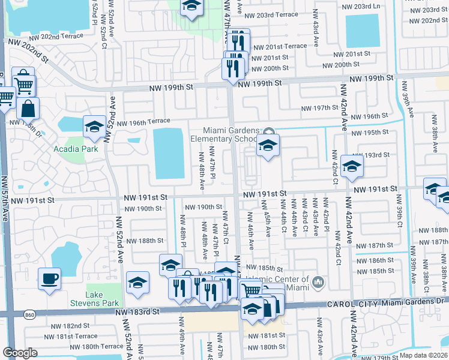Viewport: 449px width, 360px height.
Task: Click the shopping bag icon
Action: coord(28,109)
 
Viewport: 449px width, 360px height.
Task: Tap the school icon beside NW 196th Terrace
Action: coord(94,127)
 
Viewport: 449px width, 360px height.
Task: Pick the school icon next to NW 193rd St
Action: coord(352,166)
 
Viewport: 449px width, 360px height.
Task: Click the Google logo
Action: coord(20,353)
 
